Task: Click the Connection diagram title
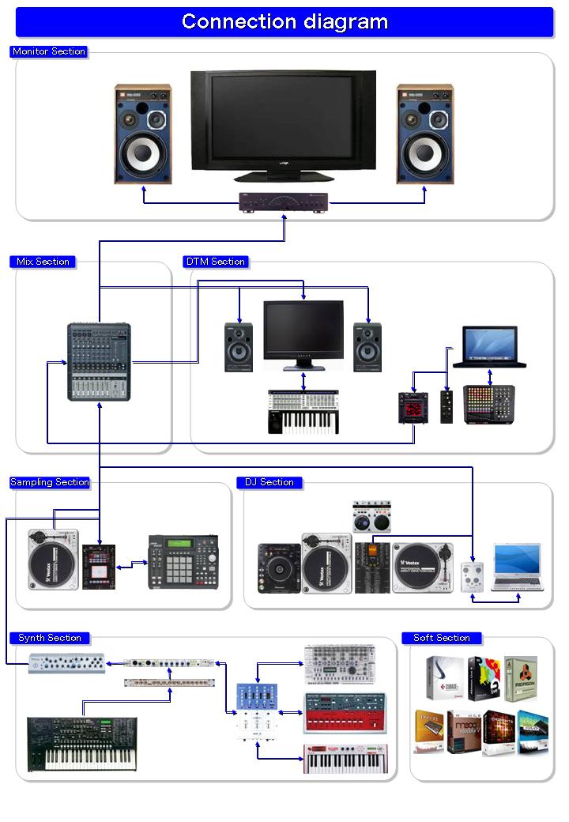tap(284, 21)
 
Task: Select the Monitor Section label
tap(49, 51)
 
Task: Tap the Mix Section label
tap(43, 262)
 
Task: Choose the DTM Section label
tap(216, 262)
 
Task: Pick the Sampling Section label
tap(50, 482)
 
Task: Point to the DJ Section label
tap(269, 482)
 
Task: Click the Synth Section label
tap(50, 638)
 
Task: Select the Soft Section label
tap(442, 638)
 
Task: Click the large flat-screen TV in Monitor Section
tap(283, 125)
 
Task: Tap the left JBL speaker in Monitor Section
tap(142, 134)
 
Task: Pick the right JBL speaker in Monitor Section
tap(424, 134)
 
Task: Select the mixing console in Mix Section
tap(99, 361)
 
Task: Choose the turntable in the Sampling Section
tap(53, 560)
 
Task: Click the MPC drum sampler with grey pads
tap(183, 561)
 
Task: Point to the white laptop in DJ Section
tap(517, 567)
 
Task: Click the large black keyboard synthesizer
tap(81, 743)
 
